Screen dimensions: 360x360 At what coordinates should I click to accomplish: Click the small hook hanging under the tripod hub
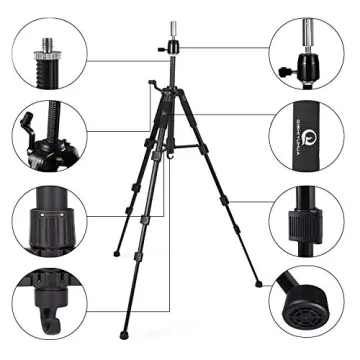pos(172,155)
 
